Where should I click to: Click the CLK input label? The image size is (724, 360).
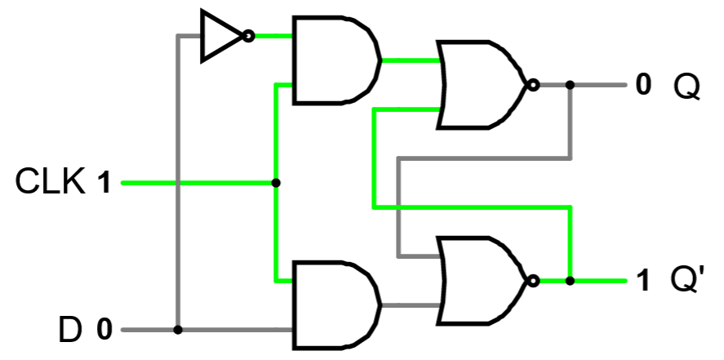click(x=51, y=182)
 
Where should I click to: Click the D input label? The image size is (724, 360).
click(x=70, y=331)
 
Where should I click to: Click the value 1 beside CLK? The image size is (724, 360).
click(x=104, y=183)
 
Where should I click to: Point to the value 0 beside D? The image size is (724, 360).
click(x=104, y=331)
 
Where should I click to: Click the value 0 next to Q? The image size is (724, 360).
click(x=644, y=85)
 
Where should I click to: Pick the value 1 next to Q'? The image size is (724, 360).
click(x=644, y=282)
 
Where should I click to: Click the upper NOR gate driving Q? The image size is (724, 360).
click(x=482, y=85)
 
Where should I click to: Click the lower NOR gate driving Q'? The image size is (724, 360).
click(x=482, y=281)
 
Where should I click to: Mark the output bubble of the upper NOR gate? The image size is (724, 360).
click(x=533, y=85)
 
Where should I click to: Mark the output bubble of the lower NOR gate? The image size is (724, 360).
click(x=533, y=281)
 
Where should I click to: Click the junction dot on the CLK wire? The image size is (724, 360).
click(x=276, y=183)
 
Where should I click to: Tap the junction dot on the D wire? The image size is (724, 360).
click(x=177, y=331)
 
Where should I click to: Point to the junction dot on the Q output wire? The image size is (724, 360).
click(x=570, y=85)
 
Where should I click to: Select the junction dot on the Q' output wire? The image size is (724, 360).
click(x=570, y=281)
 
